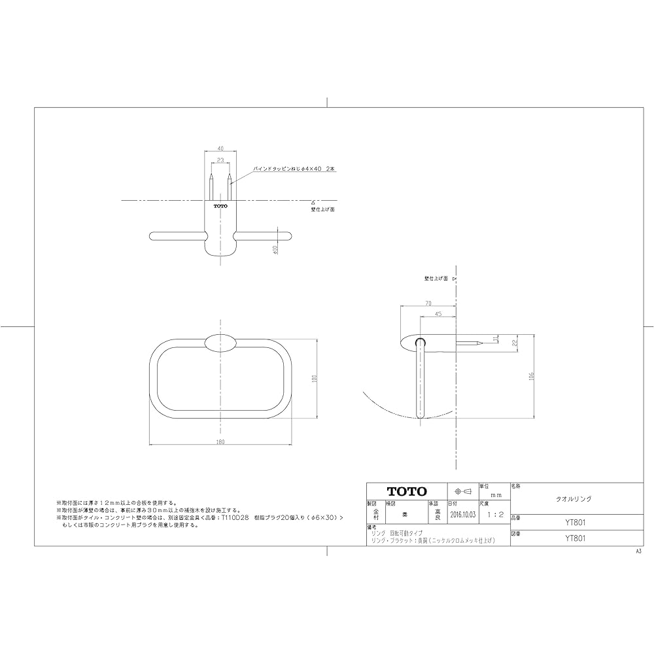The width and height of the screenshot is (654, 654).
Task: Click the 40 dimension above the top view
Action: (220, 148)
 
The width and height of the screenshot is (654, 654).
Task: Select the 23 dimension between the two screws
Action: (220, 160)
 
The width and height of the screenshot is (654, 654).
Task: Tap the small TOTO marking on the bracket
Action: (220, 206)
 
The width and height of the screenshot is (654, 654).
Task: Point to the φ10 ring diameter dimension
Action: (277, 250)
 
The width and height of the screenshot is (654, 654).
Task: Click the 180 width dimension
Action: (220, 443)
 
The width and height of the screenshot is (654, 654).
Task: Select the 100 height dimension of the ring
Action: (315, 379)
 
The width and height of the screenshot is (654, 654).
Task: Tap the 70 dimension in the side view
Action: (428, 303)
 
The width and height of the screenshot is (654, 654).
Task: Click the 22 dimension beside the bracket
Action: (515, 342)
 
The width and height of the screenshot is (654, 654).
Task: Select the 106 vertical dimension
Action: (532, 377)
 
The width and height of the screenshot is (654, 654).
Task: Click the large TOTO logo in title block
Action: (406, 491)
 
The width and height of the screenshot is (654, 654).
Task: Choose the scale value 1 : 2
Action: (494, 515)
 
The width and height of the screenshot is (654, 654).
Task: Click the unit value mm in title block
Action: (495, 496)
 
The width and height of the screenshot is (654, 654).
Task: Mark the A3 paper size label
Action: (638, 552)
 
